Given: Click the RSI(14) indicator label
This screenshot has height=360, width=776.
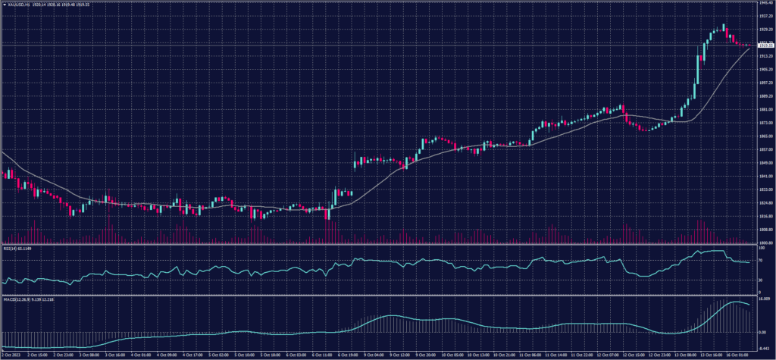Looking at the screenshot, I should [x=11, y=247].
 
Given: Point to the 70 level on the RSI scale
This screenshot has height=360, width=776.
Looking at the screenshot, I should [x=761, y=261].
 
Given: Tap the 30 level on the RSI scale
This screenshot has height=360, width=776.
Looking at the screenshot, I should [x=761, y=280].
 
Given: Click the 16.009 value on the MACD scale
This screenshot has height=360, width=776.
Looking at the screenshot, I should [x=764, y=299].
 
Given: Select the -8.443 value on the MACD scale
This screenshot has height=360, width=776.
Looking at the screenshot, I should [x=764, y=346].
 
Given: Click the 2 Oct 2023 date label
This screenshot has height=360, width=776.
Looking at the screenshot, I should [x=11, y=355].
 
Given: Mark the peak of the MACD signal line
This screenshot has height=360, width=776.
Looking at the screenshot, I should [x=734, y=302].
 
